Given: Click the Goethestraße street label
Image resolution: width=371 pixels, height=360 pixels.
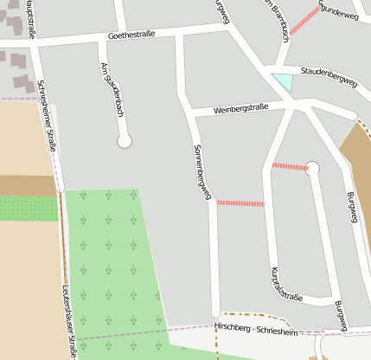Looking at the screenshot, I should tap(131, 36).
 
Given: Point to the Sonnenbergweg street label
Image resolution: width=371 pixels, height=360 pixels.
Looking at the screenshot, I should tap(202, 172).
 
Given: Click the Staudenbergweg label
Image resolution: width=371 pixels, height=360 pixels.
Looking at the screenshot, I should tap(329, 76).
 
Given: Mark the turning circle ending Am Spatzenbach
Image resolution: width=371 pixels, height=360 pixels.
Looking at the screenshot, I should tap(124, 140).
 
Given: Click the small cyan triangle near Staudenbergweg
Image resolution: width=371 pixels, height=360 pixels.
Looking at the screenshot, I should tap(283, 82).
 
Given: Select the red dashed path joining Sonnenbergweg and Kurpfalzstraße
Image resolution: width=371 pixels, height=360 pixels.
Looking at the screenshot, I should tap(240, 203).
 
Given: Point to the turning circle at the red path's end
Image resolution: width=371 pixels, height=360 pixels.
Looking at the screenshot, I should tap(313, 168).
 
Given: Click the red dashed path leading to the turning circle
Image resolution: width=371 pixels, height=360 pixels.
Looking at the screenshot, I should tap(289, 166).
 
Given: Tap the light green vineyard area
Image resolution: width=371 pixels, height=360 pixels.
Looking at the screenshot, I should tap(112, 268).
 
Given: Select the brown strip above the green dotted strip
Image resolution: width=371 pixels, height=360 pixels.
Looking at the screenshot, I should tap(26, 185).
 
